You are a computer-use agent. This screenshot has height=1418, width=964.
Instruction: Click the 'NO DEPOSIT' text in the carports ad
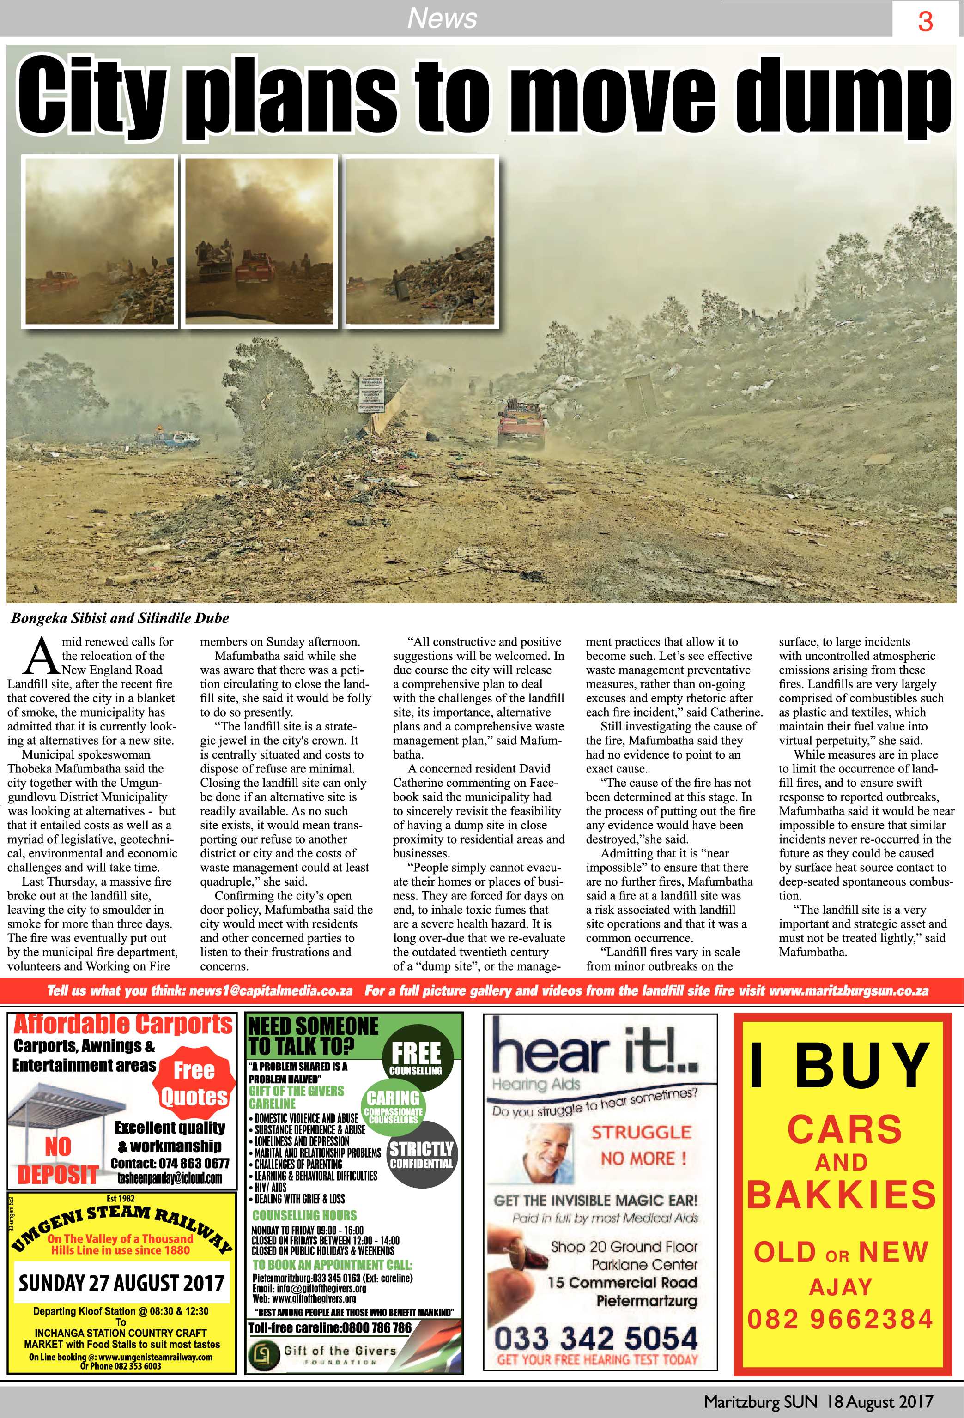click(x=57, y=1160)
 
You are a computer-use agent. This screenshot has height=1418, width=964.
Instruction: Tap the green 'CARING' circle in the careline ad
click(x=394, y=1104)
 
